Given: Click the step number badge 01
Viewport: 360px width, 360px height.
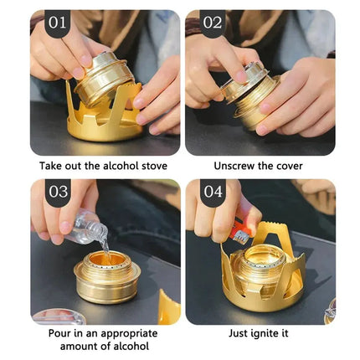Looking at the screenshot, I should tap(58, 23).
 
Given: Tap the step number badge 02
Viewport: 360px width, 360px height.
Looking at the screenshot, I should tap(212, 23).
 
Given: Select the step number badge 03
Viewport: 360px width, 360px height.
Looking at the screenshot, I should tap(58, 192).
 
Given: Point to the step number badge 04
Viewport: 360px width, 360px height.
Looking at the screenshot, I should tap(213, 192).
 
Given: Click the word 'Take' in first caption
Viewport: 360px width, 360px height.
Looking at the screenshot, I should tap(53, 166).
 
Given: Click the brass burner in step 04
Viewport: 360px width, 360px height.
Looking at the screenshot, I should tap(265, 269).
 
